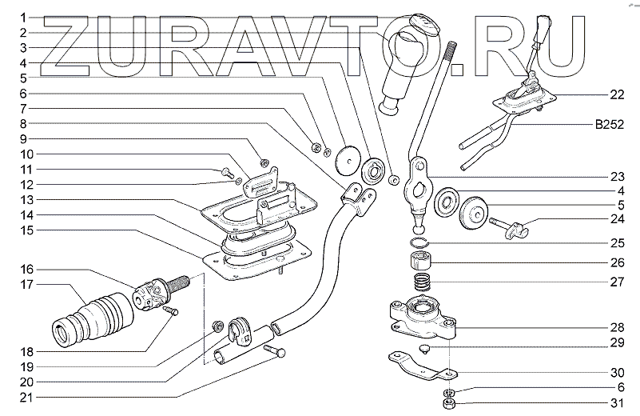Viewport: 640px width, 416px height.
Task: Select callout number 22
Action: (x=616, y=94)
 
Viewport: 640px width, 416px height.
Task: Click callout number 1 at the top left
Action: (x=24, y=17)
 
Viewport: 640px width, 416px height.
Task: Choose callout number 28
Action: (x=616, y=327)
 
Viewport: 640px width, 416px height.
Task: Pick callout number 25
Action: (x=616, y=241)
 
